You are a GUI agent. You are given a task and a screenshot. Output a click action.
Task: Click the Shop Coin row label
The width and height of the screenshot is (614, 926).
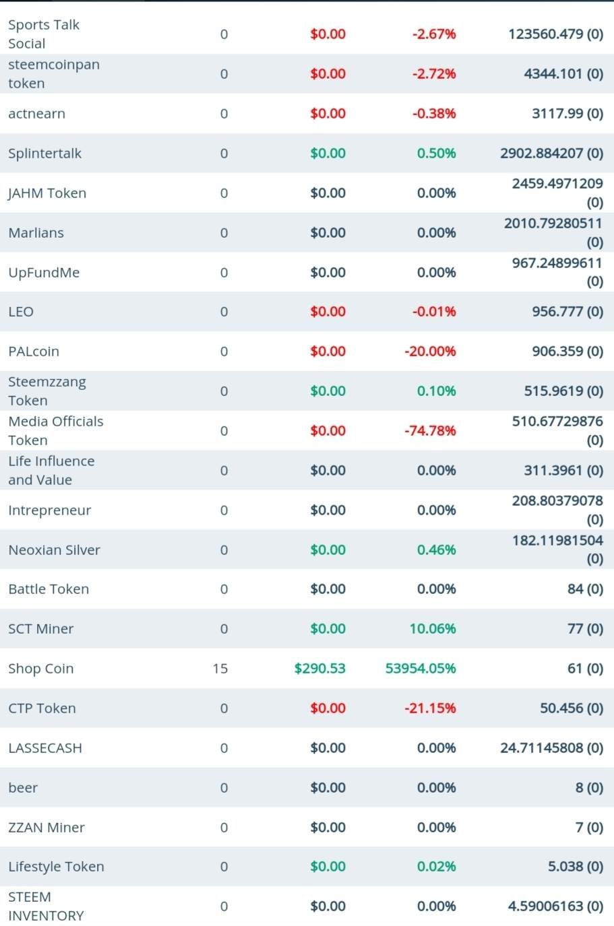(41, 669)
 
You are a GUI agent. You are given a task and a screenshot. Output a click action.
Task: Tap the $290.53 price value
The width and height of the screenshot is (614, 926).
(319, 669)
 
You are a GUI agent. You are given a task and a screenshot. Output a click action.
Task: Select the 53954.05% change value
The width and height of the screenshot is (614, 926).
(421, 669)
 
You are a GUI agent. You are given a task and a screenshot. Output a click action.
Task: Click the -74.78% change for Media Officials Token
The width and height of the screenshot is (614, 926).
(430, 430)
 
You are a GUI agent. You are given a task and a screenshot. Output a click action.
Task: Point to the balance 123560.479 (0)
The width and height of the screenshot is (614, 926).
(555, 34)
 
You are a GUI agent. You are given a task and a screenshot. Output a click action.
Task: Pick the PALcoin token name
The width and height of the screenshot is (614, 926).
(34, 352)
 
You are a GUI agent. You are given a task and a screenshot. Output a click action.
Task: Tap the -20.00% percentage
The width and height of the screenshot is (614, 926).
(430, 352)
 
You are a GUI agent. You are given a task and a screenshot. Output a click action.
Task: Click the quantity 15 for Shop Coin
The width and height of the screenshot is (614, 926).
(220, 669)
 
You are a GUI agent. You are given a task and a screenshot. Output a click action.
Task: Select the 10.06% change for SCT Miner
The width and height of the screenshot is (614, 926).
(433, 629)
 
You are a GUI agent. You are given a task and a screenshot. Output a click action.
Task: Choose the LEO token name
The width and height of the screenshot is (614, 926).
(21, 312)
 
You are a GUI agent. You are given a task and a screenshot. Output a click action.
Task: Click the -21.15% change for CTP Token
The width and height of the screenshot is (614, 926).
(430, 708)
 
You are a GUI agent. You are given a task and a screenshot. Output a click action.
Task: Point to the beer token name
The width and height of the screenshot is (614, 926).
(23, 788)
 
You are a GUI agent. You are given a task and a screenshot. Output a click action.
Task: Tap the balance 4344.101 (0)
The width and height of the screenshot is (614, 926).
(563, 73)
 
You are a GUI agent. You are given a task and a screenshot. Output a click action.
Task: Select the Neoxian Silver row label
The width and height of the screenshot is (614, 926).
(54, 550)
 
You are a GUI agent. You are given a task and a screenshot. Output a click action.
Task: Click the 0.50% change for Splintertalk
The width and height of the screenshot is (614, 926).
(436, 153)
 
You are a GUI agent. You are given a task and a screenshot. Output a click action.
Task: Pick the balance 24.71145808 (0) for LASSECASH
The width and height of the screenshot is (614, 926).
(551, 748)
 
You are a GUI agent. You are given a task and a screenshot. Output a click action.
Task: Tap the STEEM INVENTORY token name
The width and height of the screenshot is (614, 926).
(46, 906)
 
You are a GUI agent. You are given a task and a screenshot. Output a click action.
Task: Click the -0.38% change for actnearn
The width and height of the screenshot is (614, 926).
(434, 113)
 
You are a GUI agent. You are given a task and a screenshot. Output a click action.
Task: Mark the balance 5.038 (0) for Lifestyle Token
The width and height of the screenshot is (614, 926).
(575, 867)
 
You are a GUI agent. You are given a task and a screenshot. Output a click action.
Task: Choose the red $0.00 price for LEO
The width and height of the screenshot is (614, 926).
(328, 312)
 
